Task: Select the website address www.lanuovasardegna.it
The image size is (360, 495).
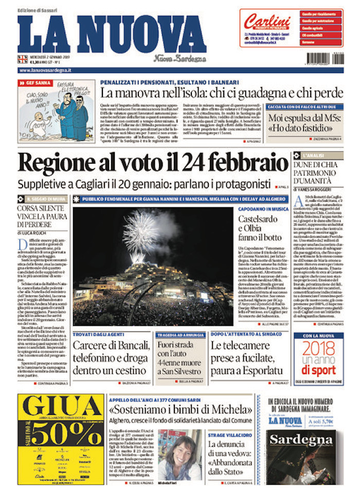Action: pyautogui.click(x=45, y=70)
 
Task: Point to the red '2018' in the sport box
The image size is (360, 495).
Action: pyautogui.click(x=318, y=348)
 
